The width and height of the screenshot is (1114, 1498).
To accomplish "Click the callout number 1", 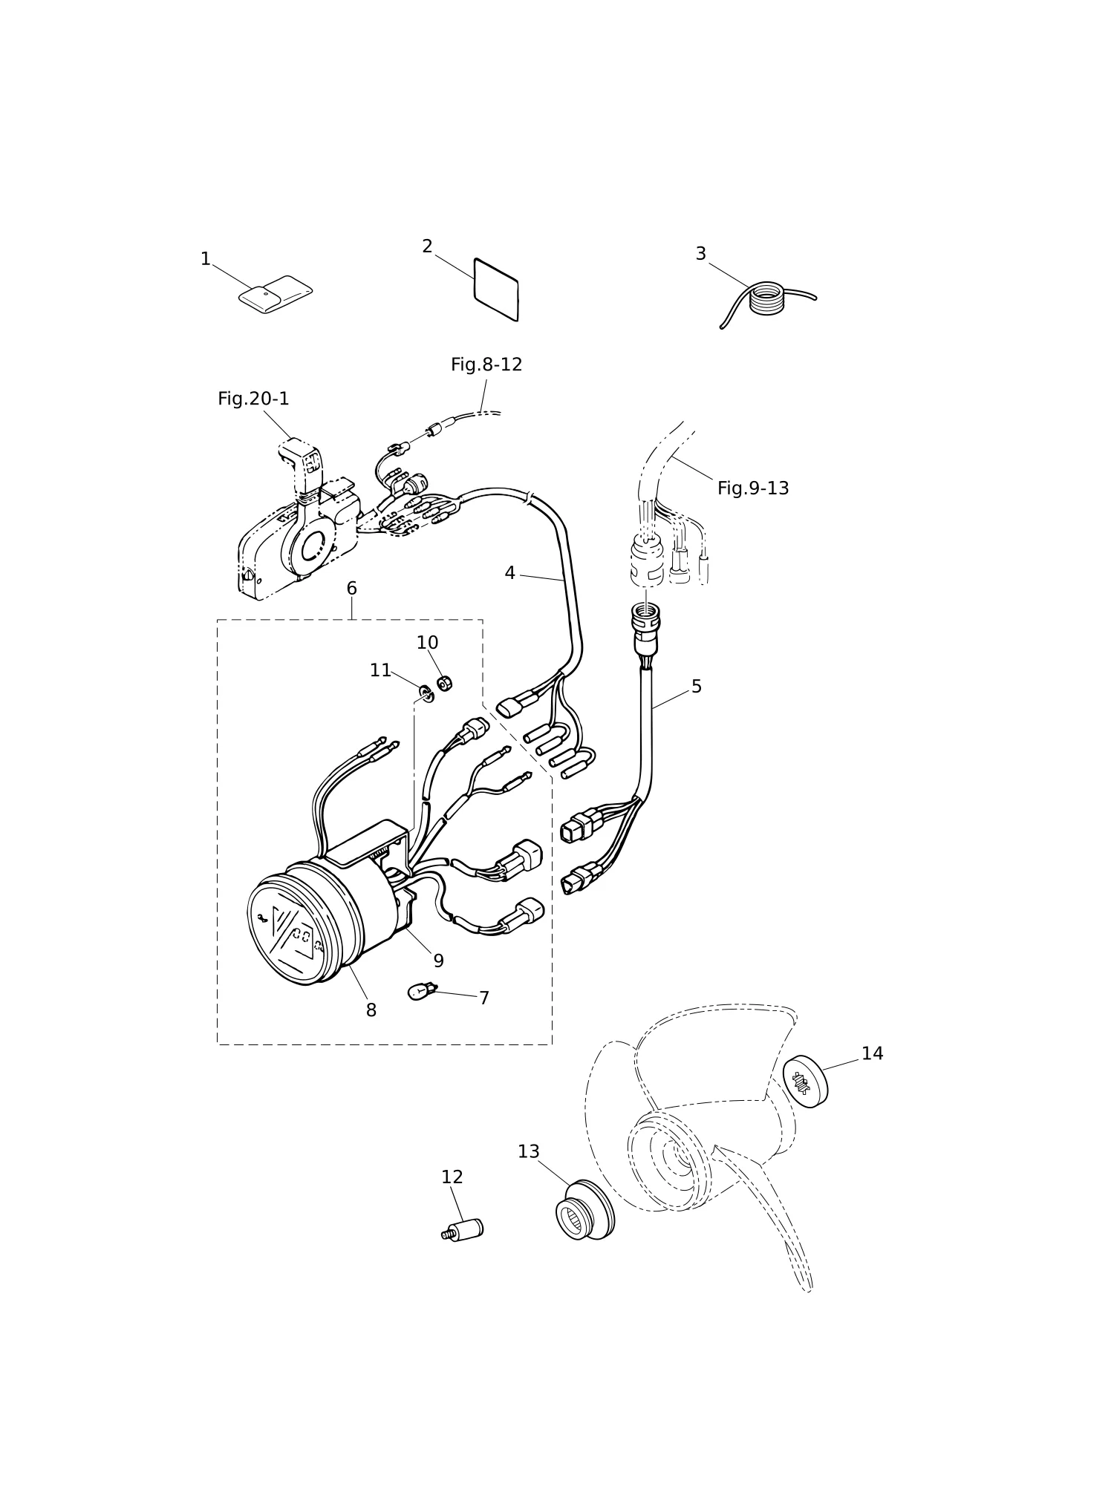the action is click(206, 259).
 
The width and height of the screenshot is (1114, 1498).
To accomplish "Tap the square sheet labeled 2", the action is click(496, 290).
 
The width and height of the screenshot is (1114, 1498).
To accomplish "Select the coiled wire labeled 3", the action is click(767, 301).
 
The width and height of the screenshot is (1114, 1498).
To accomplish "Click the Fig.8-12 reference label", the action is click(486, 364).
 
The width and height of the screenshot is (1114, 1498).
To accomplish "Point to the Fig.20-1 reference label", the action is click(253, 399).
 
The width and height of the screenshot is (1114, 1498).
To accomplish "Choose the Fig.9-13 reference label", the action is click(753, 488).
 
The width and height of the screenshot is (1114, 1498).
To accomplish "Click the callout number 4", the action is click(509, 573).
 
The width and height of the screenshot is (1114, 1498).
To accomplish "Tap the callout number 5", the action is click(696, 687).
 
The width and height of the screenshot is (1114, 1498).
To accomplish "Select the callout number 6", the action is click(351, 589).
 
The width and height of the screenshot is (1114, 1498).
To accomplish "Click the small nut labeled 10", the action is click(444, 683).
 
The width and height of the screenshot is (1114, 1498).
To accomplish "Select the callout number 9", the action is click(438, 961).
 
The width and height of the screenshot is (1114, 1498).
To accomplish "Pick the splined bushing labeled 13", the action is click(585, 1210).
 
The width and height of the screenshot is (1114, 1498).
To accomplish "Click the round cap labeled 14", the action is click(805, 1082).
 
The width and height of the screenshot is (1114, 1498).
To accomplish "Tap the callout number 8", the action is click(371, 1010).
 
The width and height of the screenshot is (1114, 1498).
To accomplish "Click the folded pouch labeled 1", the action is click(275, 295).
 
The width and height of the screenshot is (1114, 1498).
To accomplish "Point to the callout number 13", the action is click(528, 1151).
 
